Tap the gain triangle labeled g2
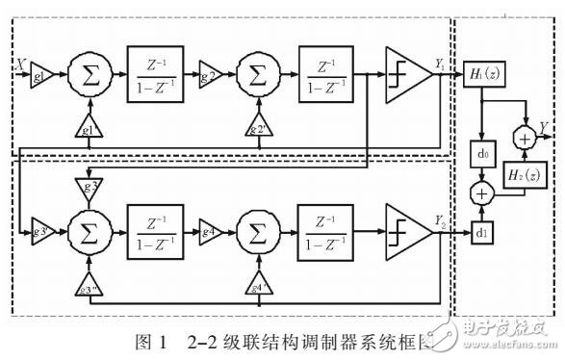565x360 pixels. pyautogui.click(x=211, y=74)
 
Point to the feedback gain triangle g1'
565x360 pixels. pyautogui.click(x=89, y=129)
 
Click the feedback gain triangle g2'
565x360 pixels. pyautogui.click(x=257, y=129)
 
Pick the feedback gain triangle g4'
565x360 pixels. pyautogui.click(x=257, y=287)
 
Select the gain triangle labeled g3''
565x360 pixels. pyautogui.click(x=89, y=287)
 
